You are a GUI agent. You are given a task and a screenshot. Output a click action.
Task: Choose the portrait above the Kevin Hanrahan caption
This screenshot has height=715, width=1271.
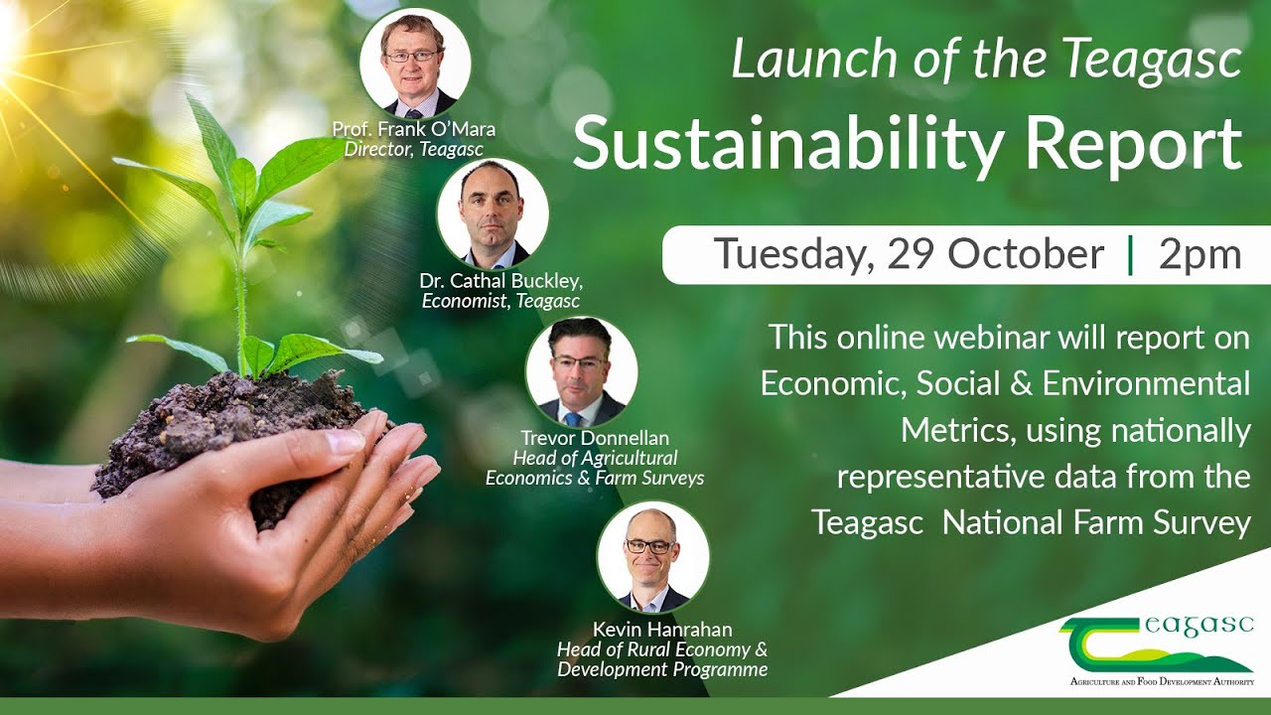click(652, 557)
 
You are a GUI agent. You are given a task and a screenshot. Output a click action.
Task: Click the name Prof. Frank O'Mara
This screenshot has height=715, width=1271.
click(414, 130)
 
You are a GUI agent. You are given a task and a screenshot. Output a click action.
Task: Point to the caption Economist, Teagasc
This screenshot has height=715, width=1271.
click(500, 301)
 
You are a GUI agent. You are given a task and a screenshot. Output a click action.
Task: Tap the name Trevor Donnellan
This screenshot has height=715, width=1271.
click(594, 438)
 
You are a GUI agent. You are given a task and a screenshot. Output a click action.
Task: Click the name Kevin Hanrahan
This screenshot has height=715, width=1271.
click(662, 630)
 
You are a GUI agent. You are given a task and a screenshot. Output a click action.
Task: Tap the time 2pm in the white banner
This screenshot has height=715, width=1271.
click(1200, 254)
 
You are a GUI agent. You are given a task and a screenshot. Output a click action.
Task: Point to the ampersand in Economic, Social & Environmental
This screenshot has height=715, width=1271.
click(1021, 383)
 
